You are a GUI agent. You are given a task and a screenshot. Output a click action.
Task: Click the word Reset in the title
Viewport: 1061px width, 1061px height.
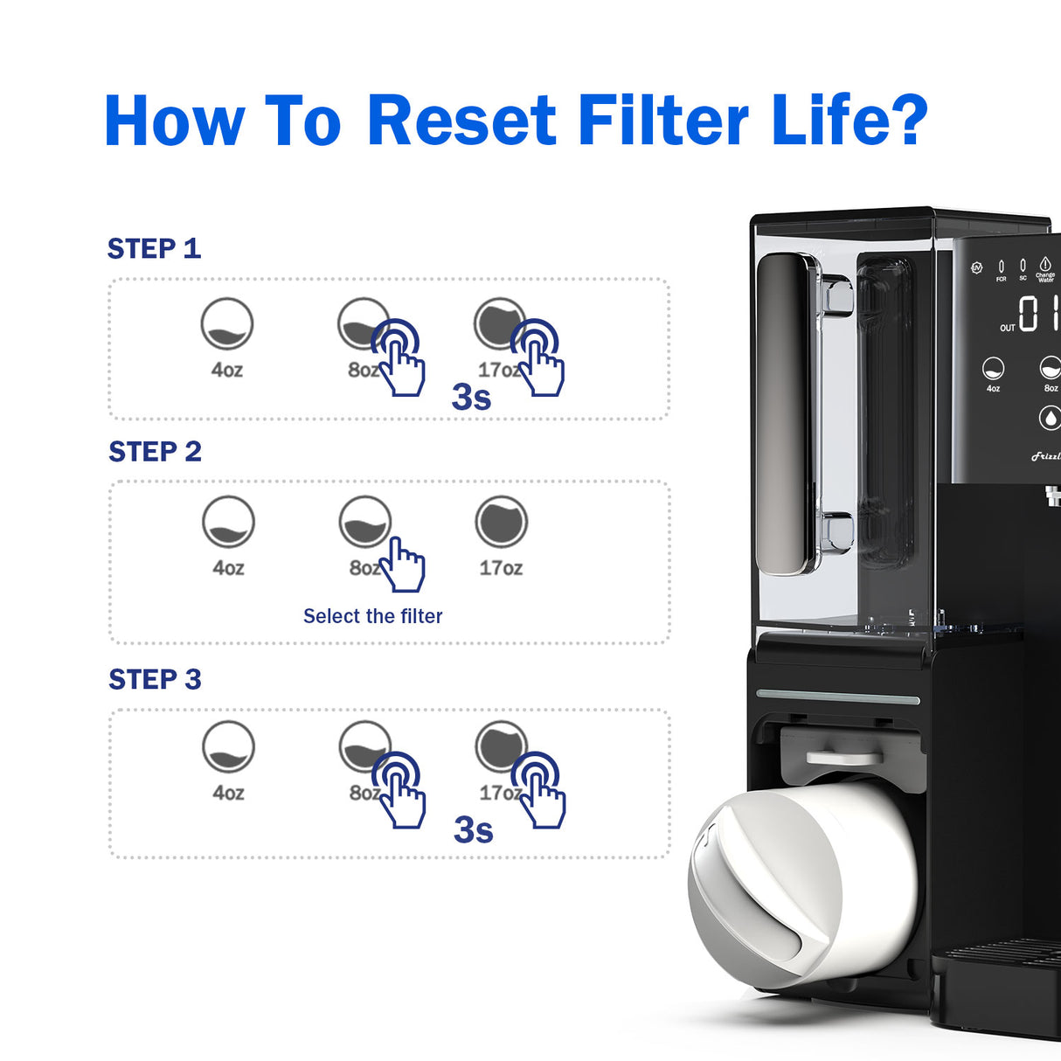pos(461,121)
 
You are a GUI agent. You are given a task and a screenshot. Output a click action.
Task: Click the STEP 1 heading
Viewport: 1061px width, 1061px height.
pos(154,249)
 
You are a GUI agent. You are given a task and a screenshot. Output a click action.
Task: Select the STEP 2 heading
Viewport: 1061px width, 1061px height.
pos(155,452)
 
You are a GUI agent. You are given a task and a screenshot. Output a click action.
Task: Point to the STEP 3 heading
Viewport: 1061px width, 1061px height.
pos(155,679)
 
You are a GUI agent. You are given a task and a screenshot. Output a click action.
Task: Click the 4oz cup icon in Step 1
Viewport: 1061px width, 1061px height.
pos(226,324)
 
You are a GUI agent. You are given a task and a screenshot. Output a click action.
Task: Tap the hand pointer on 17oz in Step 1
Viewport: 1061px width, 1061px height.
pos(537,358)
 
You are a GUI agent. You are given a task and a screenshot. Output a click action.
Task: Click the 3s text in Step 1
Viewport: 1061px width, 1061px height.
pos(471,397)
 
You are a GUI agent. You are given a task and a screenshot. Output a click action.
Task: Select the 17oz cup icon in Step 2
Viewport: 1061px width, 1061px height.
pos(501,523)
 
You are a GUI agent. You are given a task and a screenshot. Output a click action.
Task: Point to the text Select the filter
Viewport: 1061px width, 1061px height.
pos(372,616)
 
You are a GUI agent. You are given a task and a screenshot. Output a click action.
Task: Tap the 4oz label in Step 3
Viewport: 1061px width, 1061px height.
pos(228,793)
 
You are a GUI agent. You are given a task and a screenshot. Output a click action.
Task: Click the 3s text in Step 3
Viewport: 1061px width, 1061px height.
pos(473,830)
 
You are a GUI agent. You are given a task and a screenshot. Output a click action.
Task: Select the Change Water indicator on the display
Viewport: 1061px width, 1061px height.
pos(1045,268)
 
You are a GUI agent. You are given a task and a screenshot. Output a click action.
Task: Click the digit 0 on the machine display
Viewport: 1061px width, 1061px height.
pos(1029,313)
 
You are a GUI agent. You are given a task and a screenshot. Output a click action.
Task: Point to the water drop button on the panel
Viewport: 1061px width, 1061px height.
pos(1050,419)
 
